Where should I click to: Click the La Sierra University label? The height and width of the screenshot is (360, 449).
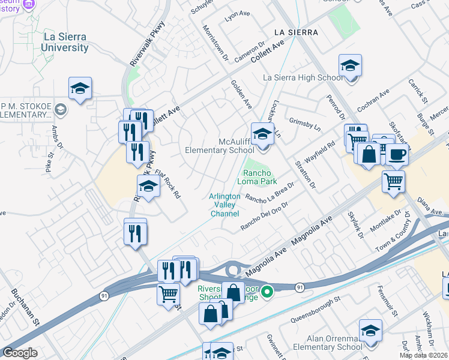tap(65, 42)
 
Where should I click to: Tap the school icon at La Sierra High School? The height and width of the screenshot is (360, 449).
tap(350, 67)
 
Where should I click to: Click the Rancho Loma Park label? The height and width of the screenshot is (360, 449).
tap(259, 176)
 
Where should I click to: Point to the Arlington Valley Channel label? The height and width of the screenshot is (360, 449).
tap(224, 205)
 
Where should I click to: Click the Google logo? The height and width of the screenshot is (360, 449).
tap(20, 353)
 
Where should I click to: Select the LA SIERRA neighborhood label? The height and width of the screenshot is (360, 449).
tap(295, 31)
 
